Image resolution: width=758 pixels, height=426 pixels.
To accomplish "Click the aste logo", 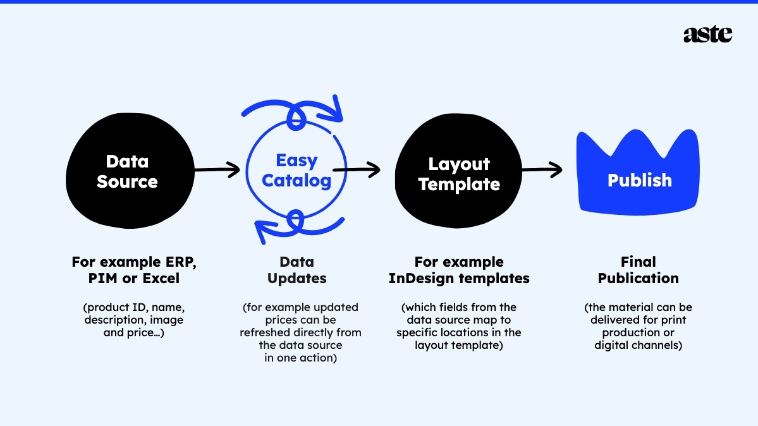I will (x=707, y=34).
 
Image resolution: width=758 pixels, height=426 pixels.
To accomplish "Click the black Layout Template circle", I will (x=459, y=174).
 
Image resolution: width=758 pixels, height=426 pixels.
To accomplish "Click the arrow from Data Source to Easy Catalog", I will (x=217, y=169).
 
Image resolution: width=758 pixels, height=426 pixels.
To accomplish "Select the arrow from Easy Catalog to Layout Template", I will (x=357, y=169).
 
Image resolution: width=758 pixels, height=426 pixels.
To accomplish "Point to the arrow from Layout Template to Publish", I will (x=542, y=169).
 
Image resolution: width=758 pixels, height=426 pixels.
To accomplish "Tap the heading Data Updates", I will (x=296, y=270).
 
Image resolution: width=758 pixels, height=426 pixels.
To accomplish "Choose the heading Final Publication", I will (x=639, y=270).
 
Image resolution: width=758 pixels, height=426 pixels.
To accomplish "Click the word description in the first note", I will (x=113, y=320).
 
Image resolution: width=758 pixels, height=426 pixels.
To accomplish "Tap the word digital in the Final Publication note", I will (x=614, y=345).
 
